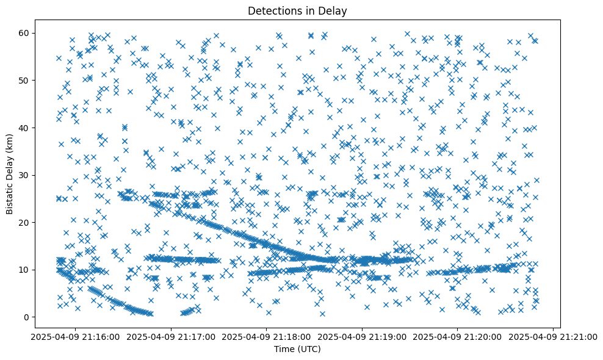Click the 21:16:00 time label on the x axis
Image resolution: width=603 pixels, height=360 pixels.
click(x=76, y=336)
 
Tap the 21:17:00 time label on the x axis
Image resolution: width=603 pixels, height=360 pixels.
click(x=172, y=336)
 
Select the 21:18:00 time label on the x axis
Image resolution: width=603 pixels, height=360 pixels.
click(x=267, y=336)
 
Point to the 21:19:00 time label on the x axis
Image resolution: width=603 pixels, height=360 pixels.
click(x=363, y=336)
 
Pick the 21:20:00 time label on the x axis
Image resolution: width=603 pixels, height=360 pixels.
click(x=458, y=336)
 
